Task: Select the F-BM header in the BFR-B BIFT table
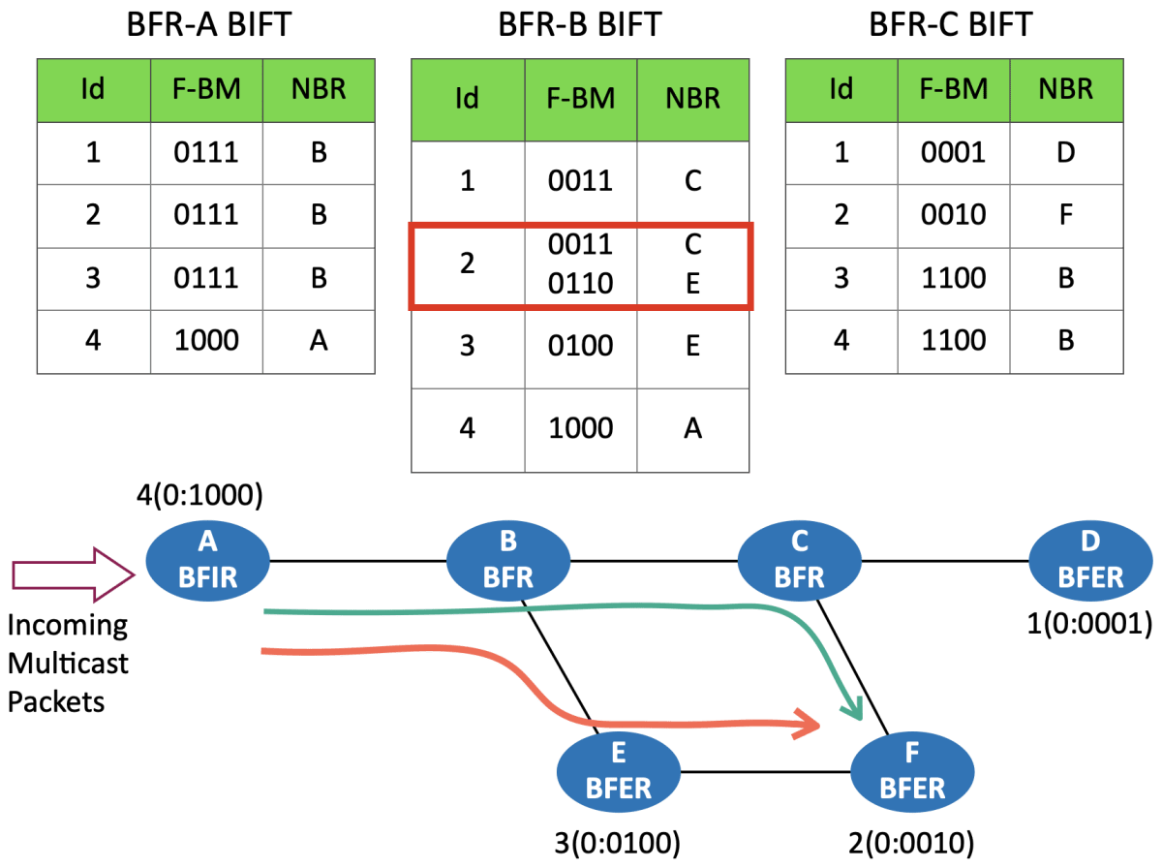pos(580,99)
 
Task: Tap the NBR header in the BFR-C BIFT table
pos(1065,89)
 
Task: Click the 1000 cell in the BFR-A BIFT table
pos(205,341)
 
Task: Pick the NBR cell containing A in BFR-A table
pos(319,341)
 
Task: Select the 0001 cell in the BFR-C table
pos(953,152)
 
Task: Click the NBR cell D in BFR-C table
pos(1065,152)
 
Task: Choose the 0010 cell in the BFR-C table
pos(953,215)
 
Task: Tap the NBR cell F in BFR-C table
pos(1065,215)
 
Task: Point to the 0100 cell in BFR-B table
pos(580,346)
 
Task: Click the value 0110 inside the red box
pos(580,284)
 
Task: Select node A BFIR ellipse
pos(206,562)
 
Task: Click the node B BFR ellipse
pos(507,562)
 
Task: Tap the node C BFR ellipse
pos(799,562)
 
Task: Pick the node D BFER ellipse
pos(1089,562)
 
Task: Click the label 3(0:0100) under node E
pos(619,840)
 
